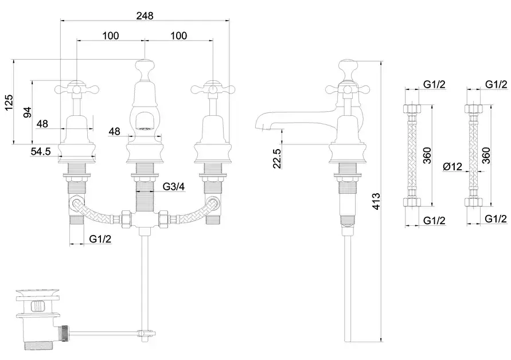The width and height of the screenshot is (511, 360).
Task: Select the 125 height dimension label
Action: [8, 103]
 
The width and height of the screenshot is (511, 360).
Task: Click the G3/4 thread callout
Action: [173, 186]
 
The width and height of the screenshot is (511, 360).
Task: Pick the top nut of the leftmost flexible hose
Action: [413, 109]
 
